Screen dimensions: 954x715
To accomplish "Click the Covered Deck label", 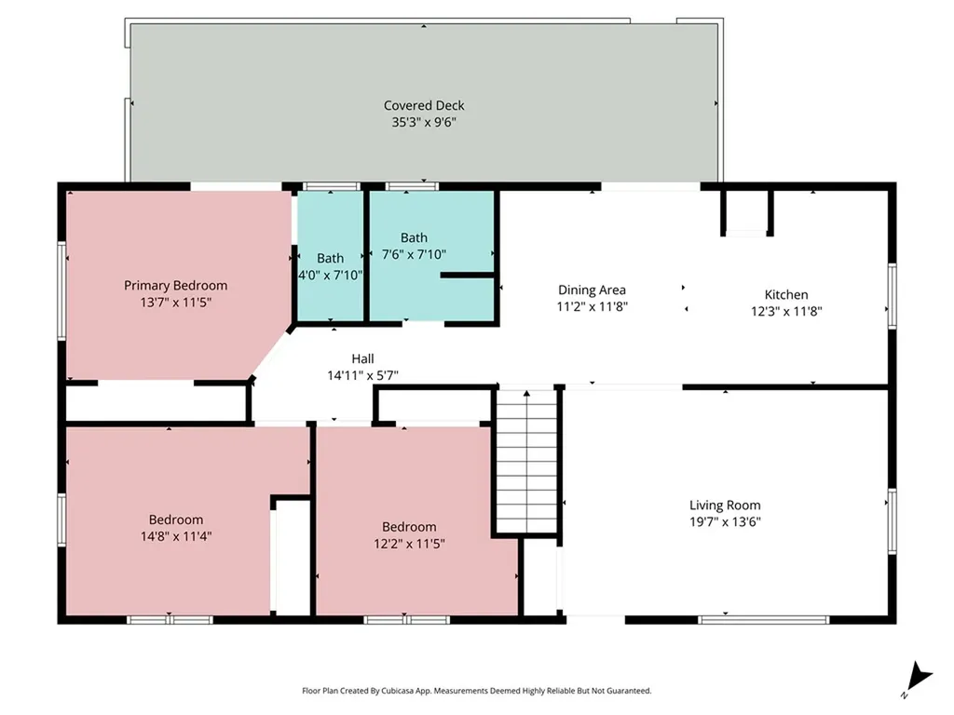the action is click(x=424, y=105).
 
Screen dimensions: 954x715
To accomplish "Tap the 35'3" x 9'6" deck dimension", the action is click(x=424, y=122).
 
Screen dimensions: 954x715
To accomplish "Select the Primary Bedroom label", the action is click(x=175, y=285).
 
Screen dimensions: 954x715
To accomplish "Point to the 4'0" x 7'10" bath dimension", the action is click(x=330, y=275).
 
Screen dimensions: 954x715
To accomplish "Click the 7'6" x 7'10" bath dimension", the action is click(x=414, y=254).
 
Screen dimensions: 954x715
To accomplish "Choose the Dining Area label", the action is click(x=592, y=290).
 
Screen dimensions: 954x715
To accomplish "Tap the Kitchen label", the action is click(x=786, y=295).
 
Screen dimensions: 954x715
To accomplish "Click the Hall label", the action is click(x=362, y=358).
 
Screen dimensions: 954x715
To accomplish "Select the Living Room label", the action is click(x=725, y=505).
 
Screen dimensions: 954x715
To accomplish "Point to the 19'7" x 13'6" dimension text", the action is click(x=725, y=521).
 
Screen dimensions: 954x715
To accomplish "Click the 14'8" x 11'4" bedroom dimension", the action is click(x=176, y=536).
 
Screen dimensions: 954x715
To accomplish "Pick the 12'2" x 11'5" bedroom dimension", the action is click(x=409, y=544).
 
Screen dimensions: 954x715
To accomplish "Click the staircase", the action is click(x=526, y=462).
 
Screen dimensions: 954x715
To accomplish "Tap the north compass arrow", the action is click(x=919, y=677).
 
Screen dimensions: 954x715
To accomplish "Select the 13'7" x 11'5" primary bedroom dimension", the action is click(x=175, y=303).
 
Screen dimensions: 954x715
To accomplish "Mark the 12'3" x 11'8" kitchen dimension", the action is click(x=786, y=311).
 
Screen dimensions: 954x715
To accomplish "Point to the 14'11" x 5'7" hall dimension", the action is click(x=362, y=376).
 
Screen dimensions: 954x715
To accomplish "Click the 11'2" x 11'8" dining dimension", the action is click(x=592, y=306).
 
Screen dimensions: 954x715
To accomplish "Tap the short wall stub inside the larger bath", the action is click(x=467, y=276).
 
